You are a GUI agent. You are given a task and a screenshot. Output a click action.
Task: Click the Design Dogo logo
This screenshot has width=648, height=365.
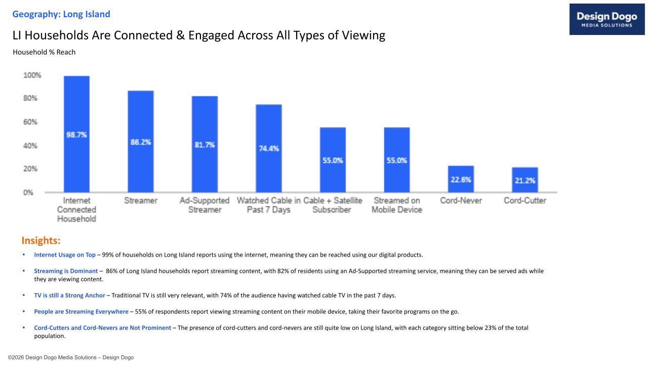pos(607,19)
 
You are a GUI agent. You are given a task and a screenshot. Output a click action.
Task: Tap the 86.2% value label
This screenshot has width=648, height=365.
pos(141,142)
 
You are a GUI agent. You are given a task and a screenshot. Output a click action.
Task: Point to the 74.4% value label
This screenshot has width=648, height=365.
pos(269,149)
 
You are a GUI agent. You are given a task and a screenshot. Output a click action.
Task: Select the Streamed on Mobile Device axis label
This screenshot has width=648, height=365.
pos(397,205)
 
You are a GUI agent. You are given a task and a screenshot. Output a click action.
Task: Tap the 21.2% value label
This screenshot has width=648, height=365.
pos(525,180)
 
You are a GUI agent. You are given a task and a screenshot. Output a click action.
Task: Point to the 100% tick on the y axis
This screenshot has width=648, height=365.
pos(32,76)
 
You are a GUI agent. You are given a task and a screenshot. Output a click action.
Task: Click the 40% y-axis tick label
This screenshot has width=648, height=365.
pos(30,146)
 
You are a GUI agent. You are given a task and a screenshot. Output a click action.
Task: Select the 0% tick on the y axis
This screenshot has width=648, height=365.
pos(28,193)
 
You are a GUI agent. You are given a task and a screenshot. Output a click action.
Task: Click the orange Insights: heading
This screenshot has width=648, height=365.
pos(41,240)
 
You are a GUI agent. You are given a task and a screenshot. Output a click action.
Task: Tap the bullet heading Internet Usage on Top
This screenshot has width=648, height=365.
pos(65,255)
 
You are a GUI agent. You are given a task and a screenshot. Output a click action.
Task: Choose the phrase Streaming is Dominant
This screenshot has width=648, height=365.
pos(66,271)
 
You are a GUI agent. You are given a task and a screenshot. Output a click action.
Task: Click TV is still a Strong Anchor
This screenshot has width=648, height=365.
pos(69,296)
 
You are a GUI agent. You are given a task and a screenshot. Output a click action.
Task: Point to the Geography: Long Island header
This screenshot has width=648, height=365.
pos(61,14)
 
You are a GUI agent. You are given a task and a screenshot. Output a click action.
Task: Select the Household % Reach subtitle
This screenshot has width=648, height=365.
pos(44,52)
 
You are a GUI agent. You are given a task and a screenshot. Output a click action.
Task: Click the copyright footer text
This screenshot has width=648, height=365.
pos(71,357)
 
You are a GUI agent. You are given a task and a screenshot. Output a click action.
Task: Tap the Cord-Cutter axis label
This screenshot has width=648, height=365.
pos(525,201)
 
